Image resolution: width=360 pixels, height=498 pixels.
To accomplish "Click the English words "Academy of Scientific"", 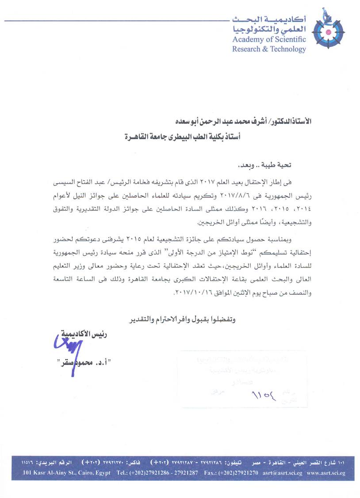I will coord(269,39).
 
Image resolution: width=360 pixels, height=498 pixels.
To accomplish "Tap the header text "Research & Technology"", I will coord(269,49).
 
